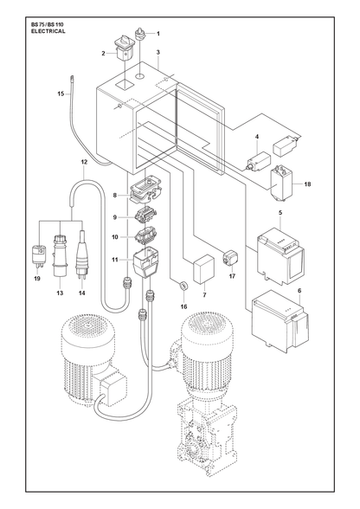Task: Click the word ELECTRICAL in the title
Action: coord(48,31)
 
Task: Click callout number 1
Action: coord(158,34)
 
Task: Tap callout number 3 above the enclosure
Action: coord(157,52)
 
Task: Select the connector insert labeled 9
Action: coord(145,216)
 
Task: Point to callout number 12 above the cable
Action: coord(84,162)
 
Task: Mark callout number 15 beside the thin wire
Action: coord(61,94)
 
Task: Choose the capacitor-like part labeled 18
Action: coord(282,184)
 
